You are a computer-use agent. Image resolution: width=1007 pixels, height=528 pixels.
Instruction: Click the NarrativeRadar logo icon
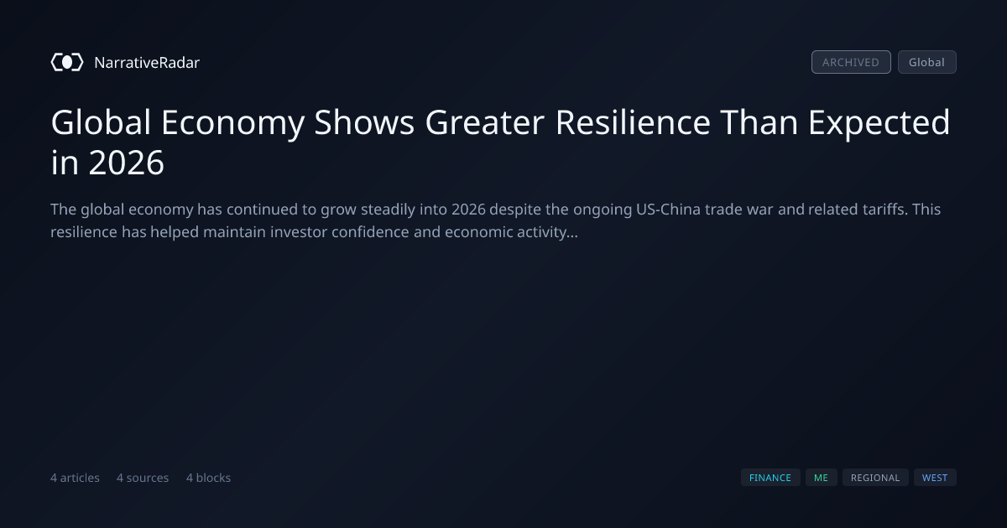coord(67,62)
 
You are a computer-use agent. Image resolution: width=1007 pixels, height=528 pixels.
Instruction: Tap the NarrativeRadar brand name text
coord(147,63)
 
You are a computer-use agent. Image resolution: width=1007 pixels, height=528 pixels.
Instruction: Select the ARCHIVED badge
coord(851,62)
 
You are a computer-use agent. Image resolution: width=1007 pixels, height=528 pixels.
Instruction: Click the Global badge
coord(927,62)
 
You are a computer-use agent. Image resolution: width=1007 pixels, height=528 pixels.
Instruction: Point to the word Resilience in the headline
coord(633,122)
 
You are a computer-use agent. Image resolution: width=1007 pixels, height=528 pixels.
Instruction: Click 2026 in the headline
coord(127,163)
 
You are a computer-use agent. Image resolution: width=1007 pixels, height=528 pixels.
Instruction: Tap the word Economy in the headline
coord(233,123)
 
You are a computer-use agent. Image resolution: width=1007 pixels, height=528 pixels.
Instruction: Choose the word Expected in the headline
coord(879,123)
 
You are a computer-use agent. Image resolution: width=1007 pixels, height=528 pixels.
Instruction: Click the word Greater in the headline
coord(485,122)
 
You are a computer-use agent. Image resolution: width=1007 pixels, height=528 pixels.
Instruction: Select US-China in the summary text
coord(668,210)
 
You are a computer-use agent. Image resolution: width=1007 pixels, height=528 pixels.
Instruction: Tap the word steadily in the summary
coord(388,210)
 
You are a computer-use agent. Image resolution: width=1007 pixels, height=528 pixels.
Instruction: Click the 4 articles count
coord(75,478)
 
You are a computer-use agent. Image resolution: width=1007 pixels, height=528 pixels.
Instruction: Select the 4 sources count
coord(143,478)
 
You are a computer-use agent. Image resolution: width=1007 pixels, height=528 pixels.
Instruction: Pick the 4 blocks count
coord(209,478)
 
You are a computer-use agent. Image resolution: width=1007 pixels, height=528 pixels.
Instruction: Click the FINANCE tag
coord(770,478)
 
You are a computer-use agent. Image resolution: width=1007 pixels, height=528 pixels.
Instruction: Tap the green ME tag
coord(822,478)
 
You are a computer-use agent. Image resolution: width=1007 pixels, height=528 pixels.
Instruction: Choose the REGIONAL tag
coord(875,478)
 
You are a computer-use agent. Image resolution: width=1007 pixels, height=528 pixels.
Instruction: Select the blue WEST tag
coord(935,478)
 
